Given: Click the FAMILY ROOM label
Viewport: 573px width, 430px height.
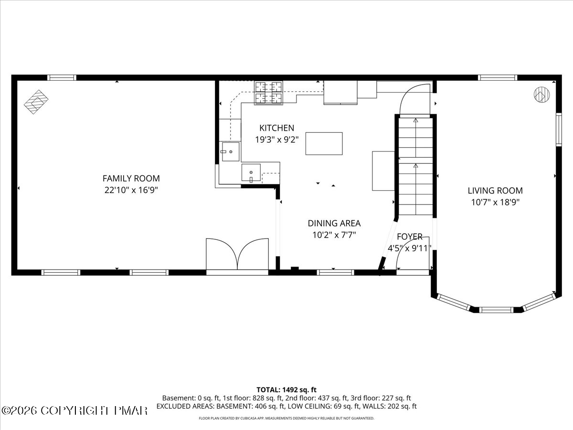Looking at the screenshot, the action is click(131, 178).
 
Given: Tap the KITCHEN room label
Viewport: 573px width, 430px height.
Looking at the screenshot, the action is click(276, 128).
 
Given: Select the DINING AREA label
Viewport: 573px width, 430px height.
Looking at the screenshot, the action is click(334, 223).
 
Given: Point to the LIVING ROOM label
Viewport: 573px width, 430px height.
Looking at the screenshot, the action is click(495, 191).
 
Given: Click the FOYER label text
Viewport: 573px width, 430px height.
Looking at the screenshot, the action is click(410, 236).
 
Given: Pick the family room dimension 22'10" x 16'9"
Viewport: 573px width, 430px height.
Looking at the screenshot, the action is click(131, 190).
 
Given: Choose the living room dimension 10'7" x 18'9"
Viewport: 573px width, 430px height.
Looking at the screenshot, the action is click(495, 202).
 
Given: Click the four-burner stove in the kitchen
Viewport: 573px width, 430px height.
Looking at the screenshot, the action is click(269, 93).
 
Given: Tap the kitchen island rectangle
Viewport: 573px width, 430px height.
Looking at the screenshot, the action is click(324, 144).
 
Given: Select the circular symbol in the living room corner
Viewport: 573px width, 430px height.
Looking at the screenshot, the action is click(541, 94).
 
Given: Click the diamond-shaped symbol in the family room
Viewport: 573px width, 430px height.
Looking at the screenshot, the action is click(36, 102).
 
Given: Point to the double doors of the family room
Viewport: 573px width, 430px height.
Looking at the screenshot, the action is click(237, 254).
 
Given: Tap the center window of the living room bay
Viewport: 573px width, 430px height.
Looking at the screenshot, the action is click(496, 310).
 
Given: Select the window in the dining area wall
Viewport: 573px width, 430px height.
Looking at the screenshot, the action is click(336, 272).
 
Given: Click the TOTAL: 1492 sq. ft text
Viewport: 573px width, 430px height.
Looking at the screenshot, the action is click(286, 390).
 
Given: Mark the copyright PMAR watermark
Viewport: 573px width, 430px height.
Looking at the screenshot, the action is click(74, 411).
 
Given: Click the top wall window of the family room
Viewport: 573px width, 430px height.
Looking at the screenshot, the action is click(62, 77).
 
